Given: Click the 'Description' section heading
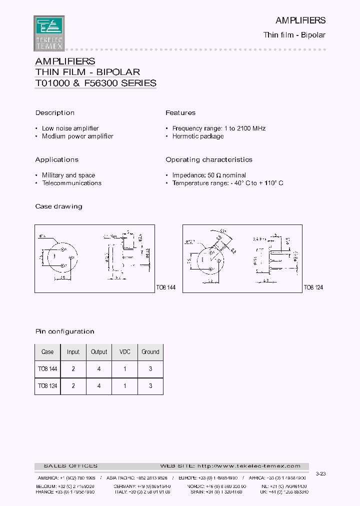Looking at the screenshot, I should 54,113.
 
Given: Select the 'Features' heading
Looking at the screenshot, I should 180,113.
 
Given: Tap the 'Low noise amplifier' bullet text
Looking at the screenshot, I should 70,128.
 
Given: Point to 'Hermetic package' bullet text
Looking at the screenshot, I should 197,136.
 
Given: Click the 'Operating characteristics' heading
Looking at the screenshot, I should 209,160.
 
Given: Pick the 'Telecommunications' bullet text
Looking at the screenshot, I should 71,183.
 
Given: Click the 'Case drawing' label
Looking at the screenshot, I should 58,206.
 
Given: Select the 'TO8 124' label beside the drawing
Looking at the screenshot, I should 313,288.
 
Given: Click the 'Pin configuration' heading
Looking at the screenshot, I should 64,331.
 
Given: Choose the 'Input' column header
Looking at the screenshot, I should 73,352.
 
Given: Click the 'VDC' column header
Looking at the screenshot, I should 124,352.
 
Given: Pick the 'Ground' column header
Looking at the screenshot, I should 150,352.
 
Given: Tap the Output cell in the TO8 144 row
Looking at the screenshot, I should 99,369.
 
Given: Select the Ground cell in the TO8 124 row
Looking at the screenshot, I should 150,386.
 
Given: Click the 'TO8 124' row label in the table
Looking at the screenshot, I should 47,386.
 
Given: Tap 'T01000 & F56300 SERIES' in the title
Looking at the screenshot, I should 96,83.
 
